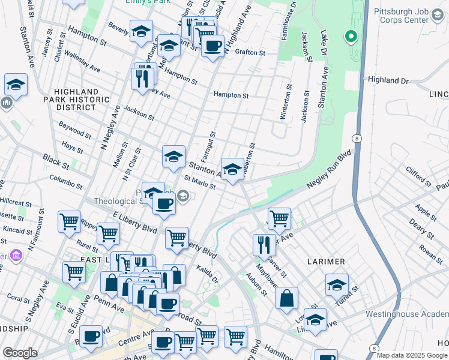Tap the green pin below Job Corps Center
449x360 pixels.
point(351,37)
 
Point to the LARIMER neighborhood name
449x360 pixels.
point(327,262)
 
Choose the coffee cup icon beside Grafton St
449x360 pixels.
point(212,46)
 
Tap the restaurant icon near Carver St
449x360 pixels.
point(263,244)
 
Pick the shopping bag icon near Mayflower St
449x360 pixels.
point(287,298)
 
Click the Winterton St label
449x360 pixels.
point(289,102)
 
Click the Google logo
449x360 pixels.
point(20,353)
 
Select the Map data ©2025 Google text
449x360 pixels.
point(411,355)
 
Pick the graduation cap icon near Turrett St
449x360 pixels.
point(337,284)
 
